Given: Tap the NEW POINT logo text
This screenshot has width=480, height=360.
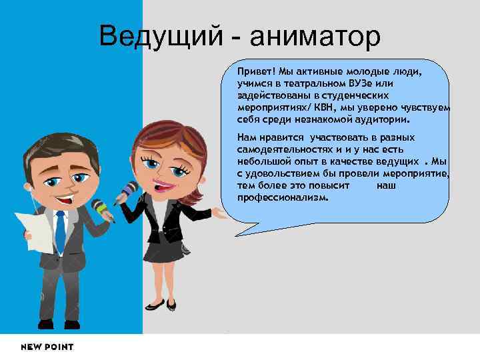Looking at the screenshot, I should tap(47, 347).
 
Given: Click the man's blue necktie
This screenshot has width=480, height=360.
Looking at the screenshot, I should tap(60, 233).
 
